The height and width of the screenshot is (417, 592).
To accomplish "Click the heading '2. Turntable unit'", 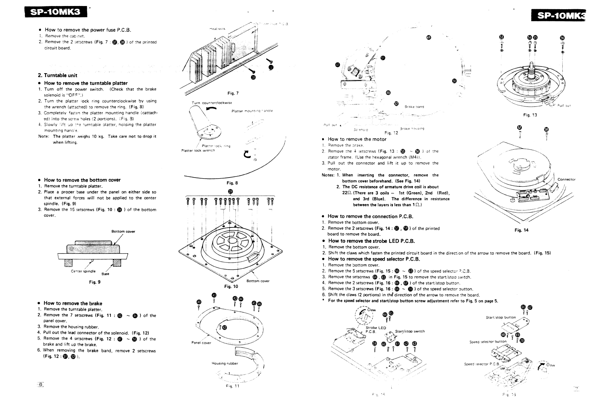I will click(x=57, y=75).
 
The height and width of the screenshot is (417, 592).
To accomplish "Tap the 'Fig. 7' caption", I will click(x=233, y=93).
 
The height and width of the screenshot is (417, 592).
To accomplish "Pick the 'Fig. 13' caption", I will click(x=530, y=115).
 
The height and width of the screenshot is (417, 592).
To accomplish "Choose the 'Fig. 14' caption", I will click(x=521, y=230).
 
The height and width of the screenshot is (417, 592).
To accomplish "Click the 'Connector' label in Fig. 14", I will click(x=567, y=179).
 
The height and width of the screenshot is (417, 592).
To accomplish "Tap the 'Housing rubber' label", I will click(x=225, y=363).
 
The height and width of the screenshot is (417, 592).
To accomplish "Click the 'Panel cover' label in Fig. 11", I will click(x=201, y=343).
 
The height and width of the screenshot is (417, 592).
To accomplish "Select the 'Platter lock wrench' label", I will click(x=198, y=151).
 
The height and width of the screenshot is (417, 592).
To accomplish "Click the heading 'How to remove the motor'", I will click(x=357, y=139).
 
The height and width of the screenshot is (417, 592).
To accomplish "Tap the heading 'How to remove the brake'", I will click(x=73, y=303).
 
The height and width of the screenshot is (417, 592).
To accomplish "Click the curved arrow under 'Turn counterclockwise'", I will click(x=209, y=110).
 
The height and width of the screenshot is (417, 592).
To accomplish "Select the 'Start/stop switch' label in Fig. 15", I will click(x=410, y=331).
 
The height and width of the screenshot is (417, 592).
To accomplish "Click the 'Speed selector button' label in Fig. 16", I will click(x=488, y=342).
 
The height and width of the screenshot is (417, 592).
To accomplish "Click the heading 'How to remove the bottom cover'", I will click(x=82, y=180).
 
